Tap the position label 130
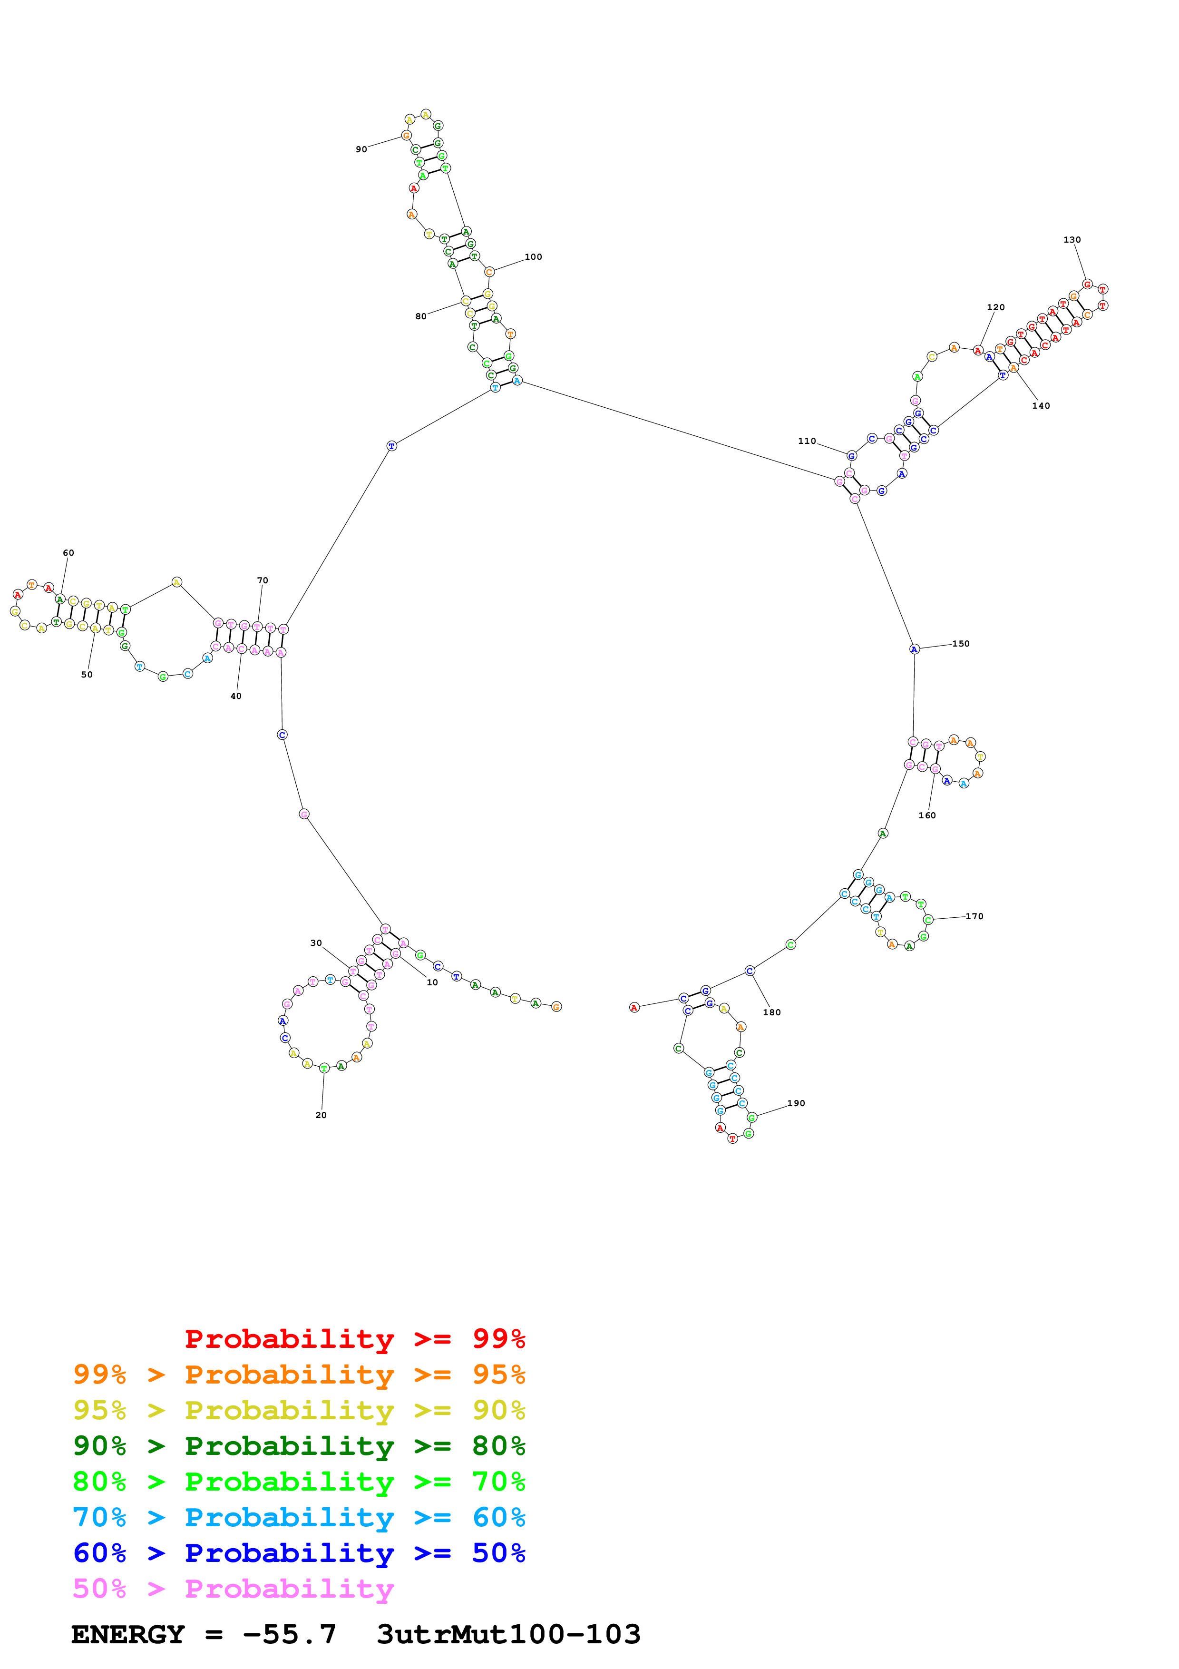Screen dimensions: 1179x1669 click(1072, 240)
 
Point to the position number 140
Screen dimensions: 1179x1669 click(1041, 406)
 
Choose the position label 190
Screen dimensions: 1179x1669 click(796, 1103)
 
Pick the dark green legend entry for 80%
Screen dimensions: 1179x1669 click(299, 1446)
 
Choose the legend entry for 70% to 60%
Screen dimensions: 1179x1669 click(299, 1517)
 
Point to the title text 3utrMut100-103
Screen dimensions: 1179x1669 click(508, 1634)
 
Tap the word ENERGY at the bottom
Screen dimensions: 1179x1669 click(128, 1634)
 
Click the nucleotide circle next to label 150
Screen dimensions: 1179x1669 click(915, 649)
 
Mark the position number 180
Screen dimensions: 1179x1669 click(771, 1012)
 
